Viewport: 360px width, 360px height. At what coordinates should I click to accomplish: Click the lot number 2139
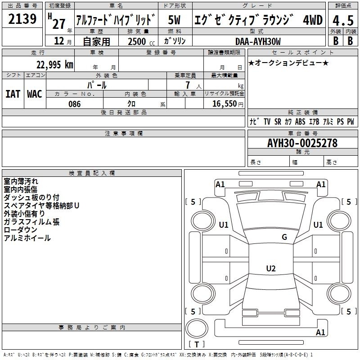pyautogui.click(x=22, y=19)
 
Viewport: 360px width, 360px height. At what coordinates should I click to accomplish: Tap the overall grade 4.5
pyautogui.click(x=343, y=20)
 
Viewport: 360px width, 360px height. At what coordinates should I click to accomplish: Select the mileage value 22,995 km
pyautogui.click(x=54, y=65)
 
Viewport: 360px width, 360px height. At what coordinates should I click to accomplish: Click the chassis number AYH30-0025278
pyautogui.click(x=302, y=143)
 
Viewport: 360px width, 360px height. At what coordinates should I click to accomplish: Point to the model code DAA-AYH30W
pyautogui.click(x=258, y=41)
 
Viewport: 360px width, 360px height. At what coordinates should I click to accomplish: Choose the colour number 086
pyautogui.click(x=74, y=104)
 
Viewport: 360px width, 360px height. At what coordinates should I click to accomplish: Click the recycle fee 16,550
pyautogui.click(x=225, y=103)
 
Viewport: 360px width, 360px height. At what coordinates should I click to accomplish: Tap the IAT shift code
pyautogui.click(x=13, y=94)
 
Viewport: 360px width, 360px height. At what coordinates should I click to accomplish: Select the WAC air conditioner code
pyautogui.click(x=35, y=94)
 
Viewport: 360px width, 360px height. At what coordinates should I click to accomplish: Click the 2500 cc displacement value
pyautogui.click(x=141, y=41)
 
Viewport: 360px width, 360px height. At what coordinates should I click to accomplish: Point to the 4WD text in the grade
pyautogui.click(x=313, y=20)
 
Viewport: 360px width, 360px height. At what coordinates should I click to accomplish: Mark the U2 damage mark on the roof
pyautogui.click(x=271, y=268)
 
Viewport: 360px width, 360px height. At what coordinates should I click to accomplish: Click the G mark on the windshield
pyautogui.click(x=284, y=237)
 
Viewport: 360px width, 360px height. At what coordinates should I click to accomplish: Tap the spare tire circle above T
pyautogui.click(x=197, y=328)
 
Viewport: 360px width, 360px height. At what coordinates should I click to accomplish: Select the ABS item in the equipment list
pyautogui.click(x=300, y=121)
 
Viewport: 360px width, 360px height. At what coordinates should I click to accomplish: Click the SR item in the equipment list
pyautogui.click(x=278, y=121)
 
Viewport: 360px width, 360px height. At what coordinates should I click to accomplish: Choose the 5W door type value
pyautogui.click(x=174, y=20)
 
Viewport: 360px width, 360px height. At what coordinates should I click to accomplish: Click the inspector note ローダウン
pyautogui.click(x=20, y=229)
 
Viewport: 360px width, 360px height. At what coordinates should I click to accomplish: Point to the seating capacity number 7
pyautogui.click(x=188, y=85)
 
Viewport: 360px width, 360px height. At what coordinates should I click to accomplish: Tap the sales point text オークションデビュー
pyautogui.click(x=288, y=63)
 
